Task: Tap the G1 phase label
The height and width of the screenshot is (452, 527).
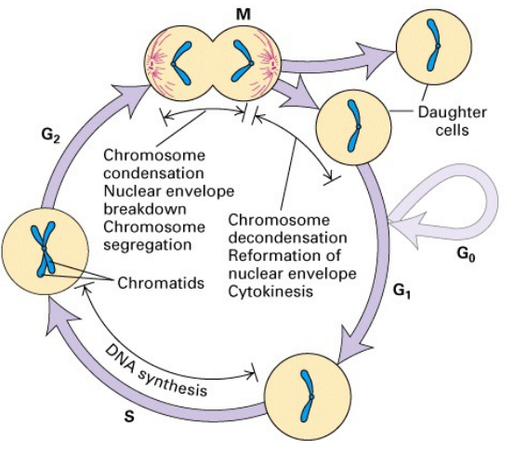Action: pos(402,295)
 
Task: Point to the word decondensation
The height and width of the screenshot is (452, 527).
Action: pos(279,238)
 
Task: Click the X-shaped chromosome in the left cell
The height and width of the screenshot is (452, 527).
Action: pos(42,250)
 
